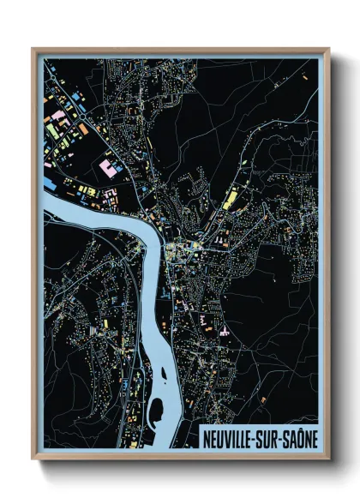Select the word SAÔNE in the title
pyautogui.click(x=300, y=437)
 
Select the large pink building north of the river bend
pyautogui.click(x=108, y=167)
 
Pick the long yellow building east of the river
pyautogui.click(x=230, y=199)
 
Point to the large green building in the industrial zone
pyautogui.click(x=53, y=130)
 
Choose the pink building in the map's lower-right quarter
pyautogui.click(x=224, y=330)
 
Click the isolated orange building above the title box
pyautogui.click(x=263, y=399)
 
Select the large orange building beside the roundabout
pyautogui.click(x=82, y=129)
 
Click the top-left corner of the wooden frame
pyautogui.click(x=33, y=50)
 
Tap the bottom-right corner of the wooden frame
pyautogui.click(x=328, y=458)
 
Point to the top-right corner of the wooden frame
pyautogui.click(x=328, y=50)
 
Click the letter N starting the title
pyautogui.click(x=206, y=437)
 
